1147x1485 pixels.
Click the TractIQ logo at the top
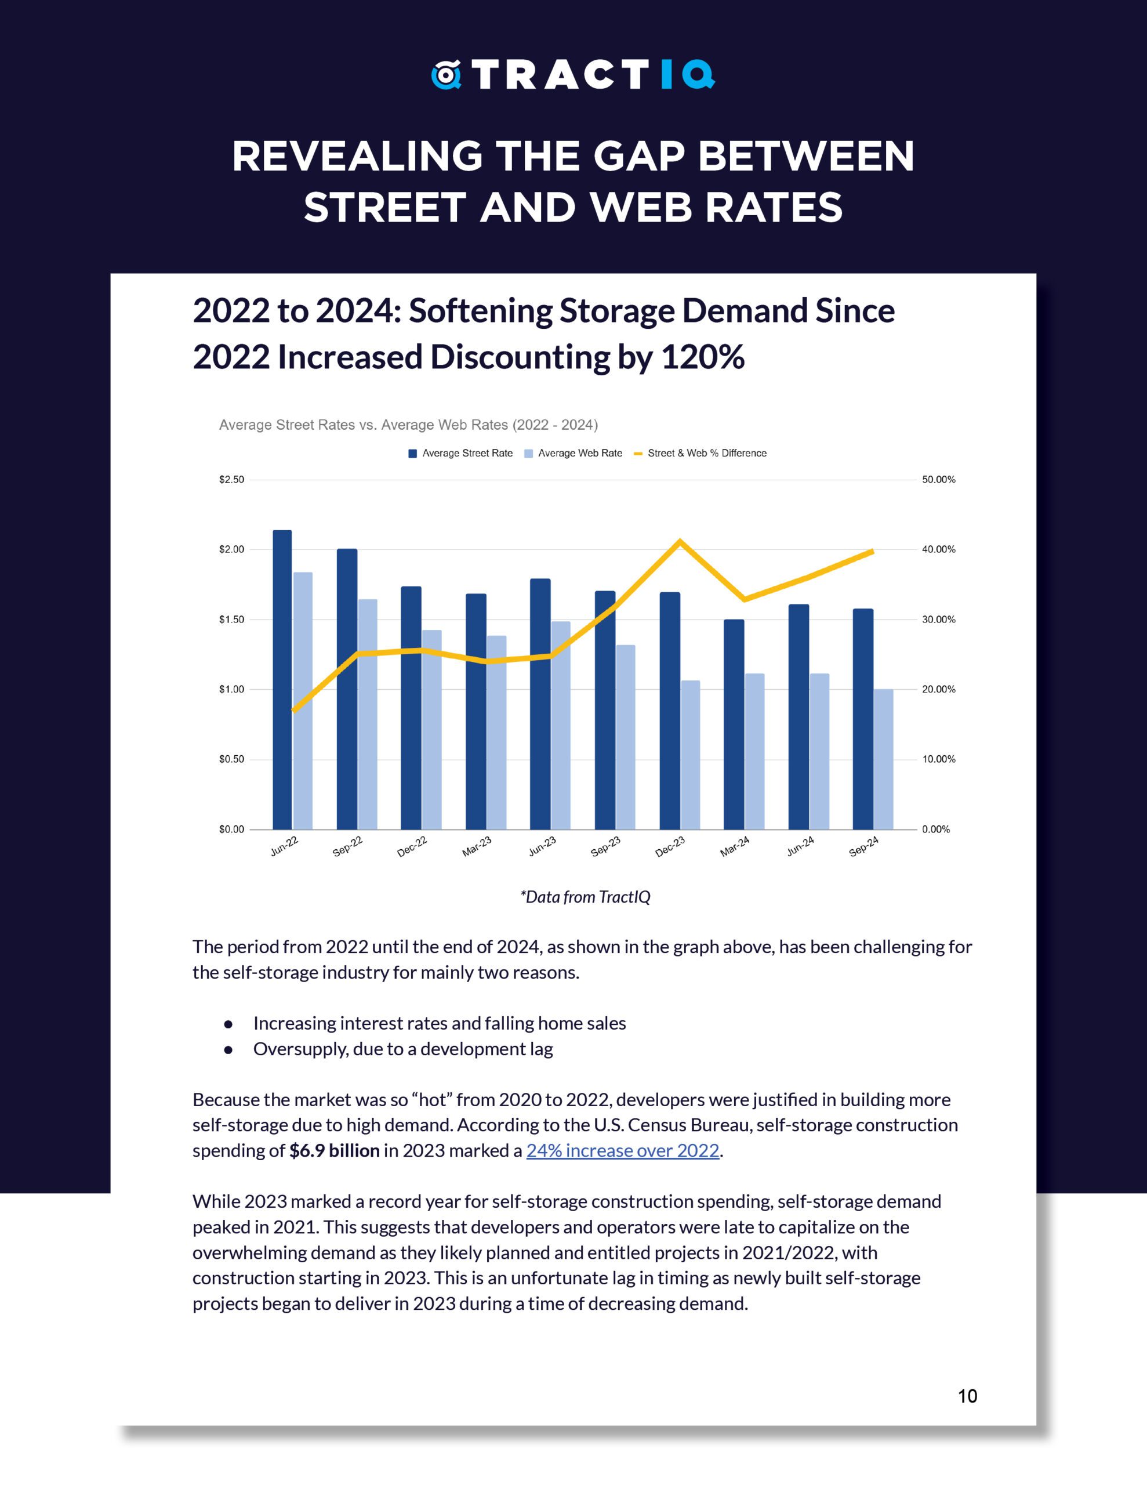pyautogui.click(x=572, y=75)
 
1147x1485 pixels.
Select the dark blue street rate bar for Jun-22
pyautogui.click(x=282, y=680)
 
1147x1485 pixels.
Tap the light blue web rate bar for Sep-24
pyautogui.click(x=883, y=759)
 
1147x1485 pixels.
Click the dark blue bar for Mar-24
pyautogui.click(x=734, y=724)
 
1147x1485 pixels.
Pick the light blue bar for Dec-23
pyautogui.click(x=690, y=755)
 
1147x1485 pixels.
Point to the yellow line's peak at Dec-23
pyautogui.click(x=680, y=542)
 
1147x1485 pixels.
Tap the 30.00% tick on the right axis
pyautogui.click(x=938, y=620)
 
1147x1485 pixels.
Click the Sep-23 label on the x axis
pyautogui.click(x=605, y=846)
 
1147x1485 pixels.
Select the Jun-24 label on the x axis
pyautogui.click(x=800, y=846)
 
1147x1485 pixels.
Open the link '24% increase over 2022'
pyautogui.click(x=622, y=1150)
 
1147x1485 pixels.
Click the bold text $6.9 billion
pyautogui.click(x=334, y=1150)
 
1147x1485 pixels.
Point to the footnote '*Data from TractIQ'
pyautogui.click(x=585, y=897)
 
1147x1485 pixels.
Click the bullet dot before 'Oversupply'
pyautogui.click(x=228, y=1050)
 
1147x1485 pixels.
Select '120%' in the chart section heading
pyautogui.click(x=702, y=357)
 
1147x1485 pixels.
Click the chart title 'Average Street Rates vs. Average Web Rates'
pyautogui.click(x=408, y=425)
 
